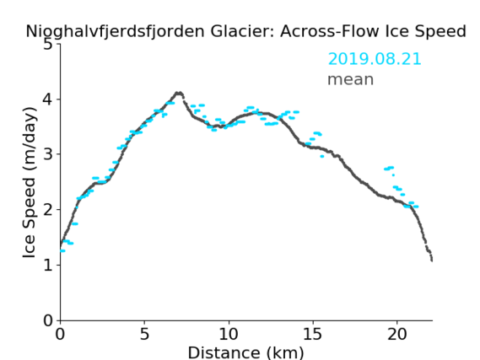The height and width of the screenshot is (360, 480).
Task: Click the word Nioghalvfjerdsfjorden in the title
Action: [x=115, y=31]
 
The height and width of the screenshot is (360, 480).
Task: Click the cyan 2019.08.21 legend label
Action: [x=375, y=59]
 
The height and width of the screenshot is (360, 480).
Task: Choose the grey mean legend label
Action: [x=351, y=79]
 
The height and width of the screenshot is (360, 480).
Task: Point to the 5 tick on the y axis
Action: [x=47, y=45]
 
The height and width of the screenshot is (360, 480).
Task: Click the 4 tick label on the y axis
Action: [x=47, y=99]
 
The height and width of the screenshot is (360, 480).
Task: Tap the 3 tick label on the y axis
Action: [x=47, y=154]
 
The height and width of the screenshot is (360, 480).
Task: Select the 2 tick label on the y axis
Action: [x=47, y=210]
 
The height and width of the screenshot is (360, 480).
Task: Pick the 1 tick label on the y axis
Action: [x=48, y=265]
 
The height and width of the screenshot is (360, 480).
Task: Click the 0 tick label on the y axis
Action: [x=47, y=320]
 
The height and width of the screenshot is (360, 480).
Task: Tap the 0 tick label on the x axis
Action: [x=60, y=334]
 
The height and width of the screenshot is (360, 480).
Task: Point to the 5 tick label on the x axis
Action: [x=144, y=334]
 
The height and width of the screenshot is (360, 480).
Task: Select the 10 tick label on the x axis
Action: [x=229, y=334]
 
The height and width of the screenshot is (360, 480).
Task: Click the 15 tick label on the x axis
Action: [x=313, y=334]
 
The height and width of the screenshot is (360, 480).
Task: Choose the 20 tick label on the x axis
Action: [x=396, y=334]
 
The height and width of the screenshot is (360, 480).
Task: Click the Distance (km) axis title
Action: [x=245, y=352]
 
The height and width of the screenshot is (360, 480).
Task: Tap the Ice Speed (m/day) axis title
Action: [x=30, y=182]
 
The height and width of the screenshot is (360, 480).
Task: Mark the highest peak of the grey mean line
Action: [x=179, y=93]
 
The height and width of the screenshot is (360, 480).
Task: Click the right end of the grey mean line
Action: [x=432, y=261]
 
